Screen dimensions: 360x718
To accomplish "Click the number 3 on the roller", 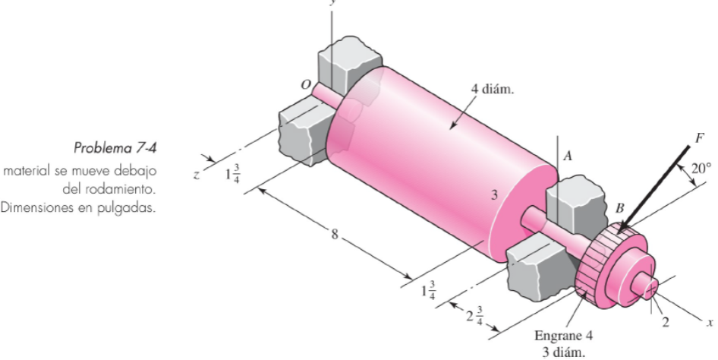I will point(493,196).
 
